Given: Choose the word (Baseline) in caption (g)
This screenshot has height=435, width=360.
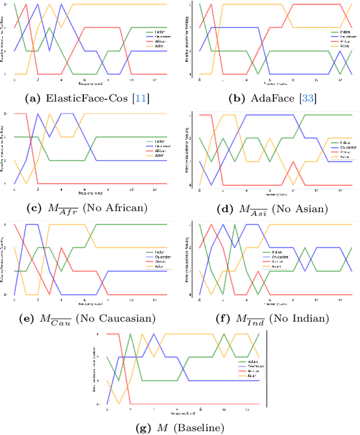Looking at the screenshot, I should (x=199, y=428).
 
